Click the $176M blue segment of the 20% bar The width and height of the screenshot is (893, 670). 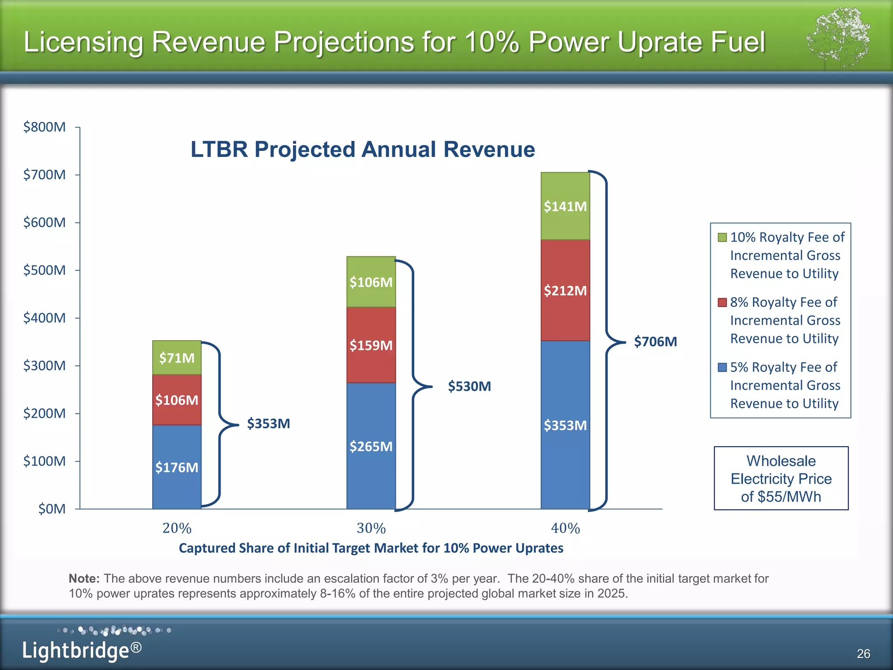coord(177,467)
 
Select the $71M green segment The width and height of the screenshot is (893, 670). coord(177,358)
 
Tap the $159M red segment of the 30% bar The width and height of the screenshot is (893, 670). coord(371,345)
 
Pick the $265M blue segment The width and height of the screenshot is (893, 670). coord(371,446)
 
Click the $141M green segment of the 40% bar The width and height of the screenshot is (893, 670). coord(565,206)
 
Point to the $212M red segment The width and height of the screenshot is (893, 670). coord(565,290)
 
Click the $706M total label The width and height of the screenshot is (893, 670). coord(655,342)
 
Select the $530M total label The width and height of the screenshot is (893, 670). coord(470,386)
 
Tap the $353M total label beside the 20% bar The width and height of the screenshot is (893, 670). coord(269,424)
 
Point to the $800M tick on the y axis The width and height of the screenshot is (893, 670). coord(44,127)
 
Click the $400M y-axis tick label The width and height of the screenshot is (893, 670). coord(44,318)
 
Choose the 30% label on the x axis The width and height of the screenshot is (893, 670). coord(371,528)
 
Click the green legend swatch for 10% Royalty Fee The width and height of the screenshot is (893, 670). coord(722,237)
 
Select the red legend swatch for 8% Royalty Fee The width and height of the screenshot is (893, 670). coord(722,302)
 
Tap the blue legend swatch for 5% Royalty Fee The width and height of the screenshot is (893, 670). coord(722,367)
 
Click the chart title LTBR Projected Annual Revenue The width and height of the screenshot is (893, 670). coord(363,150)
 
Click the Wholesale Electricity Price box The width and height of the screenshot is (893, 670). coord(781,479)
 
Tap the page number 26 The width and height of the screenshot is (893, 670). coord(863,653)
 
